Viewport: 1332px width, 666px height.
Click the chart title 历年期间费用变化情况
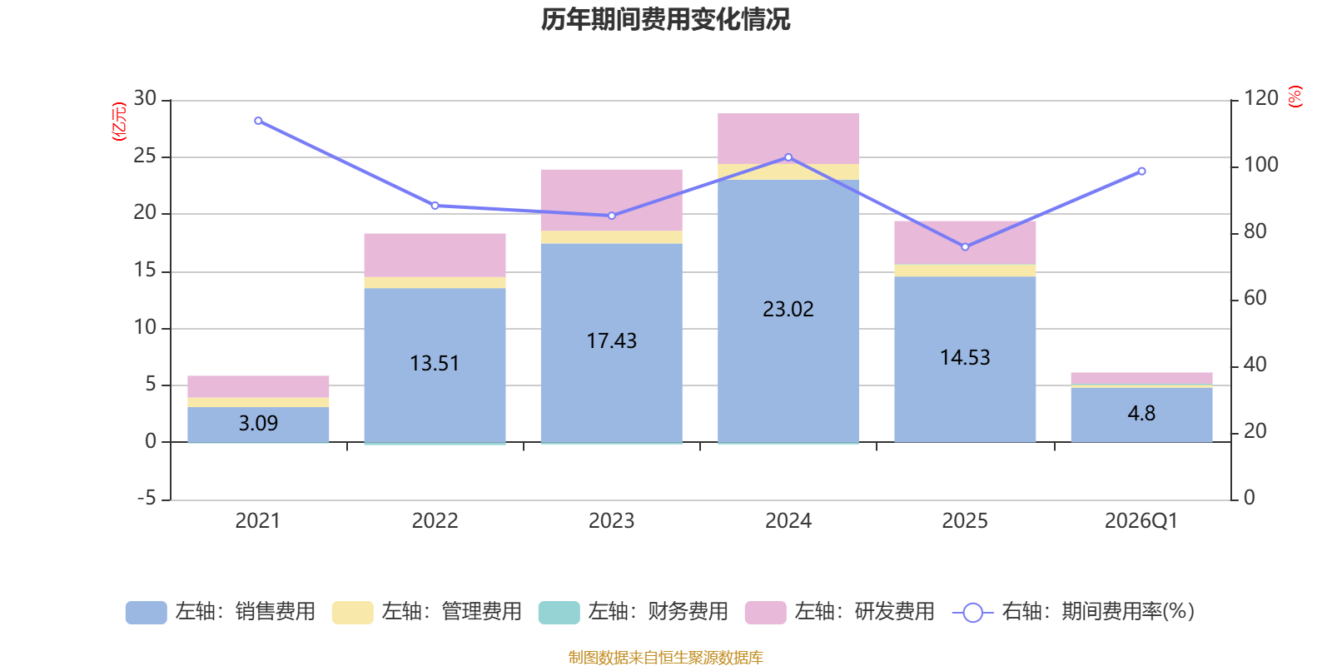point(665,20)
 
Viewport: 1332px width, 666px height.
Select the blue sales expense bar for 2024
point(788,311)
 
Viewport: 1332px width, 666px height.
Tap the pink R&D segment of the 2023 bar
point(611,201)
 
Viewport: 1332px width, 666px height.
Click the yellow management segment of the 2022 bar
point(435,282)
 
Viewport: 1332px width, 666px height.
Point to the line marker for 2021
point(258,121)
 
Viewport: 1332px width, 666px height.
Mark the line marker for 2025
point(965,246)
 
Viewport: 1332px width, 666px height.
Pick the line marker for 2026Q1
point(1141,171)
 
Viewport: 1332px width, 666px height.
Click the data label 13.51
point(435,363)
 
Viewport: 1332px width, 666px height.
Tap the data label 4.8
point(1141,413)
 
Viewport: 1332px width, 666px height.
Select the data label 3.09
point(258,424)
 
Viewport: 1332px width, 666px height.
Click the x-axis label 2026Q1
point(1141,521)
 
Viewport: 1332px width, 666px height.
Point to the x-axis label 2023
point(611,521)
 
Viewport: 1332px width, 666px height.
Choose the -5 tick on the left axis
point(147,498)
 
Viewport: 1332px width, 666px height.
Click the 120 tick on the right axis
point(1261,98)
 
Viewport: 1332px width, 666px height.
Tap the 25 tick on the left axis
point(145,156)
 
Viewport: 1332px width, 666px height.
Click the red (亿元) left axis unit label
point(119,122)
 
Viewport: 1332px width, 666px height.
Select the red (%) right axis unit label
point(1295,97)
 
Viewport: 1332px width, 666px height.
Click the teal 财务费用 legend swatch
point(559,613)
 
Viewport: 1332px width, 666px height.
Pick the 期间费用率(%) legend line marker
point(973,613)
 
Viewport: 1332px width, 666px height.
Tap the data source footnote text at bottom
point(665,657)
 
